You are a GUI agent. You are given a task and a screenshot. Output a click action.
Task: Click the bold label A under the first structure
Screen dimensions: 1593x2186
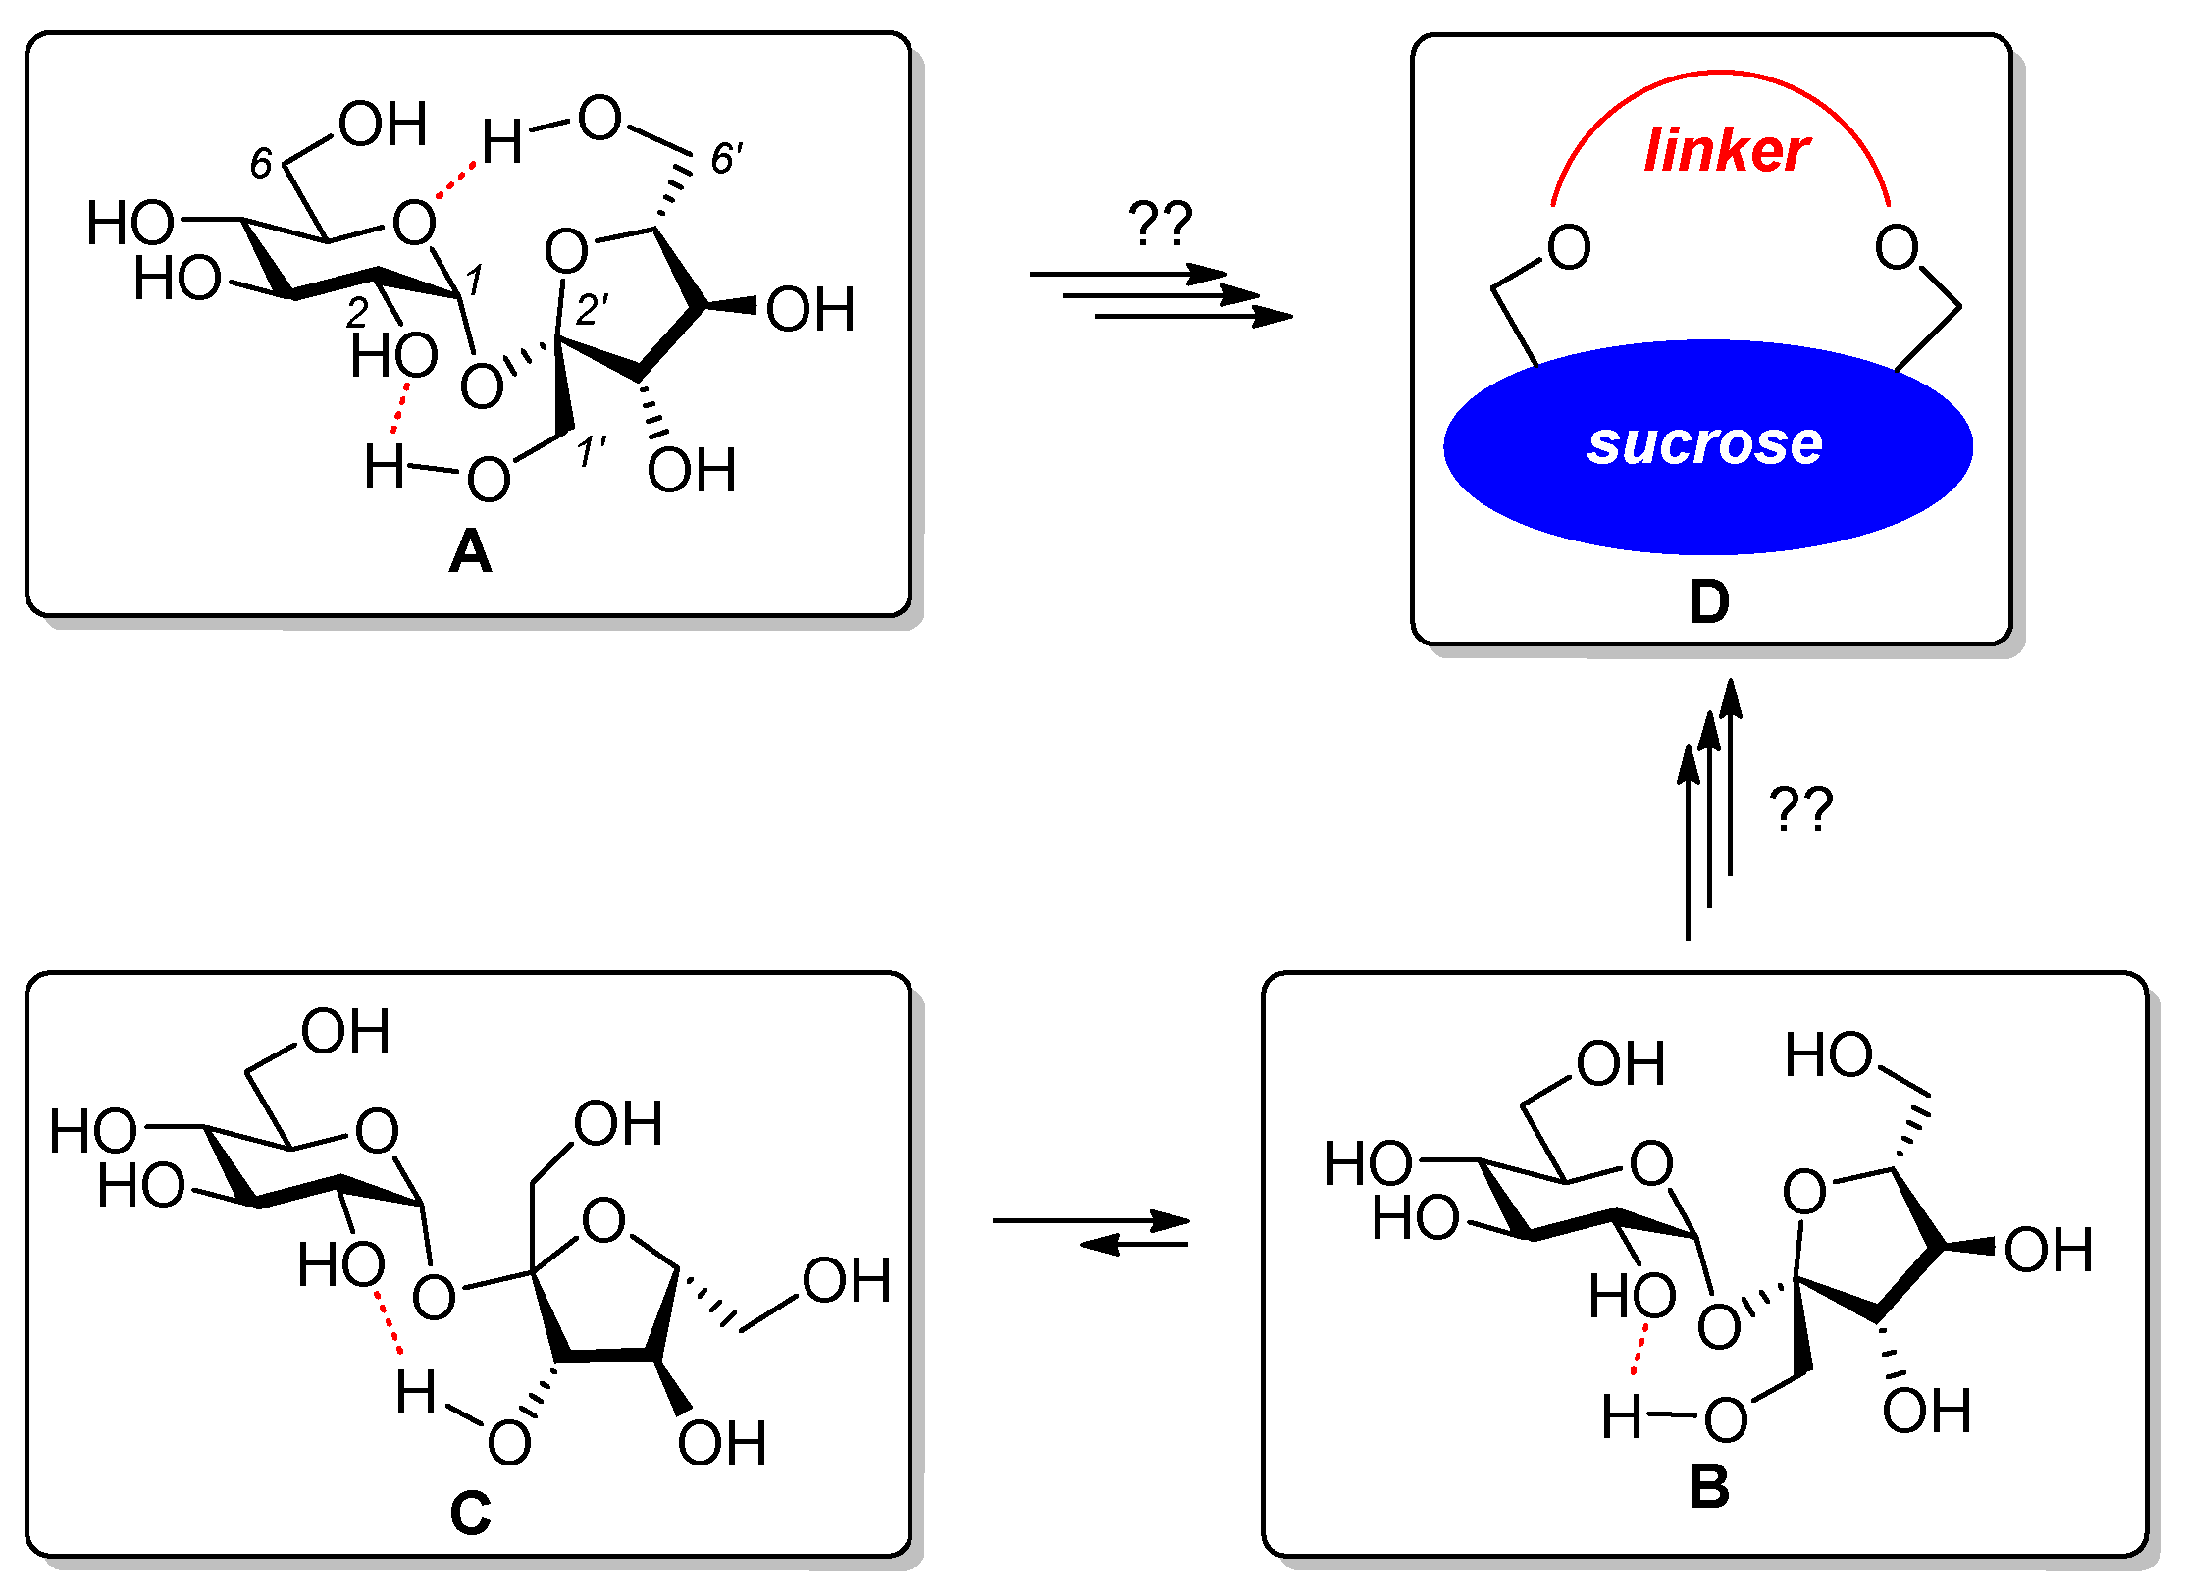point(470,552)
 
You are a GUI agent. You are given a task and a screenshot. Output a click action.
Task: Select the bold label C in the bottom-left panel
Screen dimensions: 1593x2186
point(470,1514)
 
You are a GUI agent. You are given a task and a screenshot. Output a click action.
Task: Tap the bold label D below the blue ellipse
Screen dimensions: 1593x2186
point(1708,602)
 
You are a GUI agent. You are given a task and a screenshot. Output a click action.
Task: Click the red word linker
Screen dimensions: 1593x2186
point(1726,151)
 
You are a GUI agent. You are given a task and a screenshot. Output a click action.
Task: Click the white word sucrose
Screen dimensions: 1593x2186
point(1705,443)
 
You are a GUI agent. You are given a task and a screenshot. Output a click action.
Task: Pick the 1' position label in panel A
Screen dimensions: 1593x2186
point(591,453)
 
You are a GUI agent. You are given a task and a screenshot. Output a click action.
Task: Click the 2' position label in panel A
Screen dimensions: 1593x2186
point(592,310)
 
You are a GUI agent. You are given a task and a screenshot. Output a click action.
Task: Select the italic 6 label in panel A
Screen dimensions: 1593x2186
point(260,164)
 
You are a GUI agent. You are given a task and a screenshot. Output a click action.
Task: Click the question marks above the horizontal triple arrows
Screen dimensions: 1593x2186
point(1160,224)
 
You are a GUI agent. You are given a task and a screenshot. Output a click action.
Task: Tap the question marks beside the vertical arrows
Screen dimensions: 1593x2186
point(1800,810)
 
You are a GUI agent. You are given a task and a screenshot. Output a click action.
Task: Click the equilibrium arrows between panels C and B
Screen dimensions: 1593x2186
point(1091,1233)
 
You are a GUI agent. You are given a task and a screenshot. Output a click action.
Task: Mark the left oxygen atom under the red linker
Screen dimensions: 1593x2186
point(1569,247)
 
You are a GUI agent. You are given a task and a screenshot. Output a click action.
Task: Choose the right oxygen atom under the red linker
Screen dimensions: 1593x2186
point(1896,247)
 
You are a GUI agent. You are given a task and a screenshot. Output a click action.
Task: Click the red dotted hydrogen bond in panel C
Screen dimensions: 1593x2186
point(390,1323)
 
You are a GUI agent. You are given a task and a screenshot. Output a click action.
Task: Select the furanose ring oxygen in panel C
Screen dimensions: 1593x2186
point(603,1221)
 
